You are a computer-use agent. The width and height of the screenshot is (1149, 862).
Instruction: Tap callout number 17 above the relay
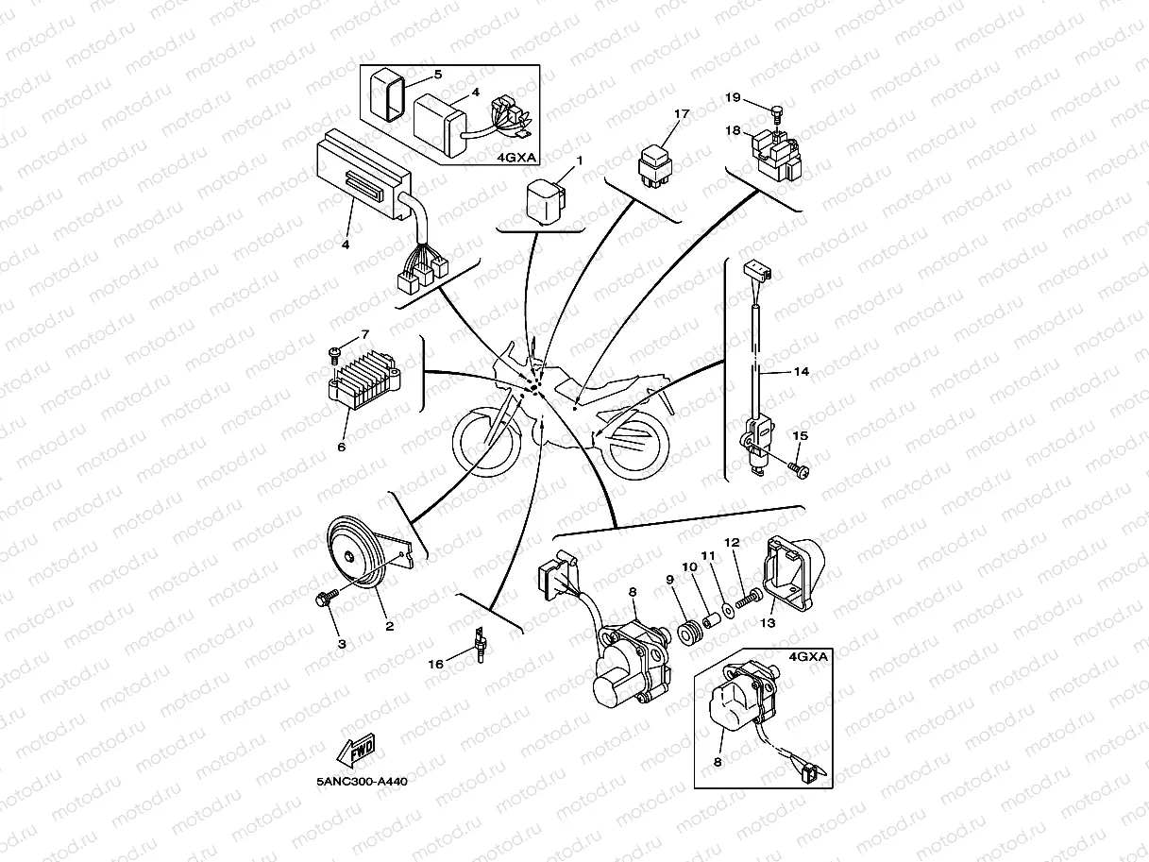click(x=682, y=113)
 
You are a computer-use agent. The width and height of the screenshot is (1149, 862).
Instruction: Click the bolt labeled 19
click(x=771, y=112)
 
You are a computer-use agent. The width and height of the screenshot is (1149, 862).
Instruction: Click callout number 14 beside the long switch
click(x=800, y=372)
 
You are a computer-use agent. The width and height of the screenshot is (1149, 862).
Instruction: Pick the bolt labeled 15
click(x=797, y=466)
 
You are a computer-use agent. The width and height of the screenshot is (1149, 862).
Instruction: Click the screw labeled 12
click(x=753, y=599)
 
